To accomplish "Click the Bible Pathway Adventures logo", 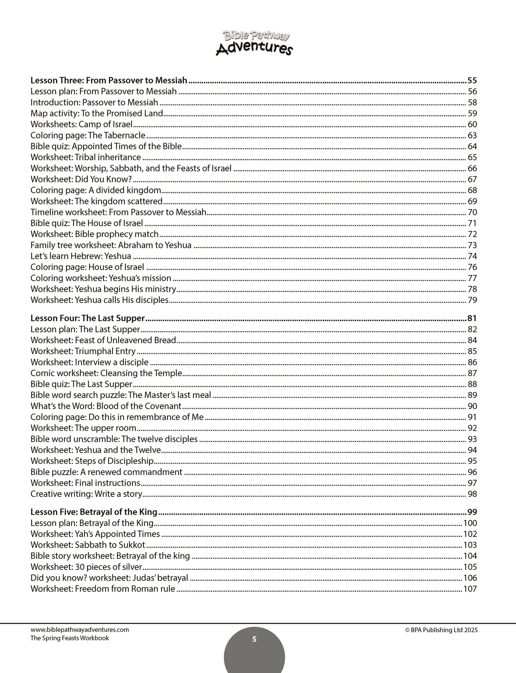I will [x=254, y=43].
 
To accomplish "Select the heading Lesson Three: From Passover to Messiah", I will [x=109, y=80].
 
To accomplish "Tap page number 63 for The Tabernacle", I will [x=472, y=135].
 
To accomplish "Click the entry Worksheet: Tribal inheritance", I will [x=86, y=158].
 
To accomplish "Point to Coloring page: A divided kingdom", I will [x=96, y=190].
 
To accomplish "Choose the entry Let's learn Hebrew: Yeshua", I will [x=81, y=256].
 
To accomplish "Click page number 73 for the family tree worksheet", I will [x=472, y=245].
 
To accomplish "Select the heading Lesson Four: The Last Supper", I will [x=87, y=318].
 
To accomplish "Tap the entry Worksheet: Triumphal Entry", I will [x=83, y=352].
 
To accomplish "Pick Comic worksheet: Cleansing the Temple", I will [x=106, y=373].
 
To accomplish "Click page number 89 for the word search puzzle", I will [x=472, y=395].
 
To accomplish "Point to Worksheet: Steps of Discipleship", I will [x=92, y=461].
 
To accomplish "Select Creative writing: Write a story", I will [x=86, y=494].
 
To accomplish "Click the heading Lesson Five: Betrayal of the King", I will [x=94, y=512].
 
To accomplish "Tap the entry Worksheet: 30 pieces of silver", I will [x=86, y=567].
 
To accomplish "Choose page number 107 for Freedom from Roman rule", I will [x=470, y=589].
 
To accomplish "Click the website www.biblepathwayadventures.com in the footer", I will [x=79, y=630].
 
